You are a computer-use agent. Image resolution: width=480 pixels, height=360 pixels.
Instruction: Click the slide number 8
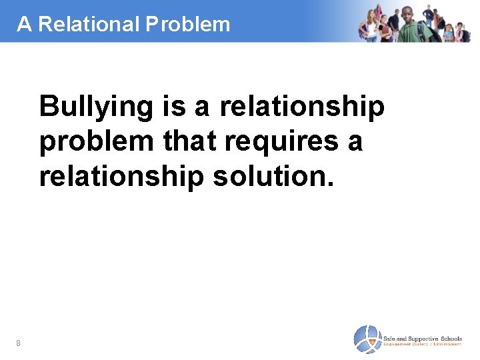click(x=18, y=343)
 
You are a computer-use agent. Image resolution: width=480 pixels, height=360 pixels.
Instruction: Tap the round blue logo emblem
click(x=367, y=339)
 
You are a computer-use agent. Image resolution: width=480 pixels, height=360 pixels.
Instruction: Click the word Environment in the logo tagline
click(x=448, y=343)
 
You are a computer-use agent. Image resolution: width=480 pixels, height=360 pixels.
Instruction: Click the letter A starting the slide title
click(x=24, y=24)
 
